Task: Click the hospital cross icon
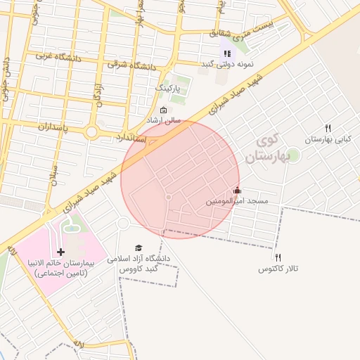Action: click(60, 252)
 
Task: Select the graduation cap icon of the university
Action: click(139, 247)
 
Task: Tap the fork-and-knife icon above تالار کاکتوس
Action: click(278, 258)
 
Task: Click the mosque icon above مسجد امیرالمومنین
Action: click(237, 191)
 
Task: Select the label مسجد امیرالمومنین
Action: click(237, 202)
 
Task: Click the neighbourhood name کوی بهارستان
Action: click(264, 148)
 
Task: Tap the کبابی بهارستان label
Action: click(328, 139)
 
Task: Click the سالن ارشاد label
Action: click(163, 120)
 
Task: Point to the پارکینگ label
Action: click(168, 89)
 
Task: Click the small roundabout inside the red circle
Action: click(168, 198)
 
